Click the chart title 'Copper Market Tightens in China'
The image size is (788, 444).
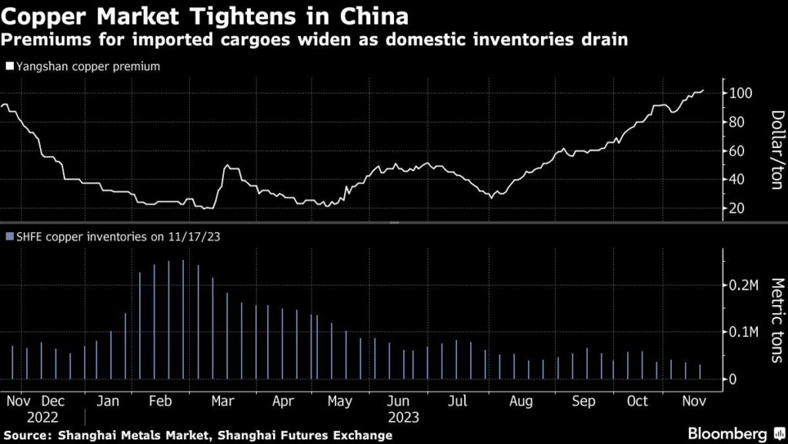(x=205, y=15)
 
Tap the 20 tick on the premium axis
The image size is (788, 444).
(x=737, y=208)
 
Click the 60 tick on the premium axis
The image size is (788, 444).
(x=737, y=151)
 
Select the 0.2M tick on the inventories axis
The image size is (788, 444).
(x=743, y=285)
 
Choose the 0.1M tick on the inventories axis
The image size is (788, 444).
(x=743, y=332)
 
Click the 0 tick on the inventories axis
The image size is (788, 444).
(x=733, y=379)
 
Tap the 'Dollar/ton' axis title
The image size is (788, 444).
(x=776, y=150)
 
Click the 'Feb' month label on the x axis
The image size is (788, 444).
(x=160, y=402)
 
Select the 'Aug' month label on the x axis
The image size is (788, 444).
(x=522, y=402)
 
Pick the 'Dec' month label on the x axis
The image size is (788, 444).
(x=54, y=402)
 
